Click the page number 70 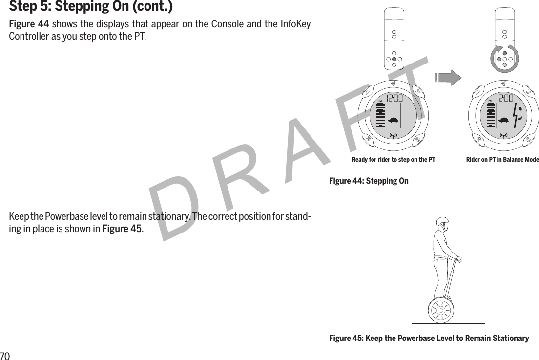click(5, 355)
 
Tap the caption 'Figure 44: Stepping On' click(369, 181)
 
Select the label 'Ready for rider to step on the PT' click(394, 160)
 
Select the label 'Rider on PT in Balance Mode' click(502, 160)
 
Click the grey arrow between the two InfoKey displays click(448, 78)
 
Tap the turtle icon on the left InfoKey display click(394, 120)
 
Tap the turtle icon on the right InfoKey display click(503, 120)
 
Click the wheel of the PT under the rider click(441, 309)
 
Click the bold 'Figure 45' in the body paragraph click(122, 229)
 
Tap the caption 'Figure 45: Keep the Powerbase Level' click(429, 339)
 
